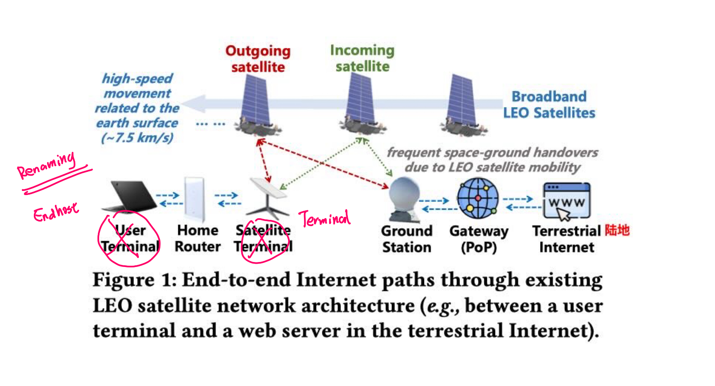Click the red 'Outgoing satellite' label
(258, 59)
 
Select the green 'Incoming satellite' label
(362, 58)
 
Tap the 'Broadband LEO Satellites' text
(549, 105)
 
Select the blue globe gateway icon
(477, 198)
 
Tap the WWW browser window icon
(566, 200)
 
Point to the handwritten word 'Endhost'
(56, 212)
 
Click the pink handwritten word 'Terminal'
(325, 218)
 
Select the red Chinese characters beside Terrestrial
(617, 230)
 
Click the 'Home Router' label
(197, 238)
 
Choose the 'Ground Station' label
(406, 239)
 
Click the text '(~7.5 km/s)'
(137, 138)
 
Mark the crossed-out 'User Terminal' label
(130, 238)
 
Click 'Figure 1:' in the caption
(135, 280)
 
